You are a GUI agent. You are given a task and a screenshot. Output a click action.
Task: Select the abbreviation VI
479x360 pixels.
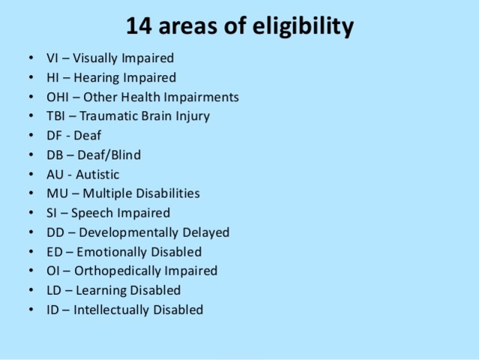pos(52,58)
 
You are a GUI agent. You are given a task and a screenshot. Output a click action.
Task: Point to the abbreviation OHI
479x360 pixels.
pos(58,97)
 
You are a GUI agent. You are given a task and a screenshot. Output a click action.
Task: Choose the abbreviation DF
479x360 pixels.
pos(54,136)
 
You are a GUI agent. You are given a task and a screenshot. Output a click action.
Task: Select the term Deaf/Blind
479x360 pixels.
pos(108,155)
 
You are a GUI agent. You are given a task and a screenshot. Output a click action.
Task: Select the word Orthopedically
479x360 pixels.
pos(117,271)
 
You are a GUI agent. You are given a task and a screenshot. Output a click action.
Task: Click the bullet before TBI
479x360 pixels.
pos(29,116)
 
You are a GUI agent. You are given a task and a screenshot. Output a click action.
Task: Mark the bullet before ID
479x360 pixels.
pos(29,310)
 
